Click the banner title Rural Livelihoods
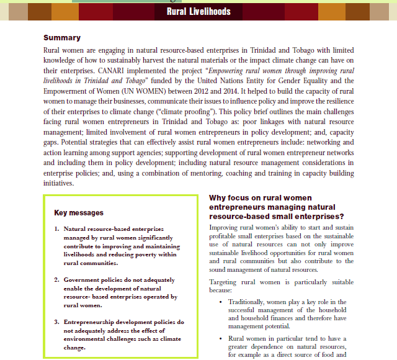(198, 11)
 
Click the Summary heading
(62, 38)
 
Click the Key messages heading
(79, 212)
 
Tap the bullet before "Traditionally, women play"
(221, 302)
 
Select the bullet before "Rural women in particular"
(221, 339)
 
